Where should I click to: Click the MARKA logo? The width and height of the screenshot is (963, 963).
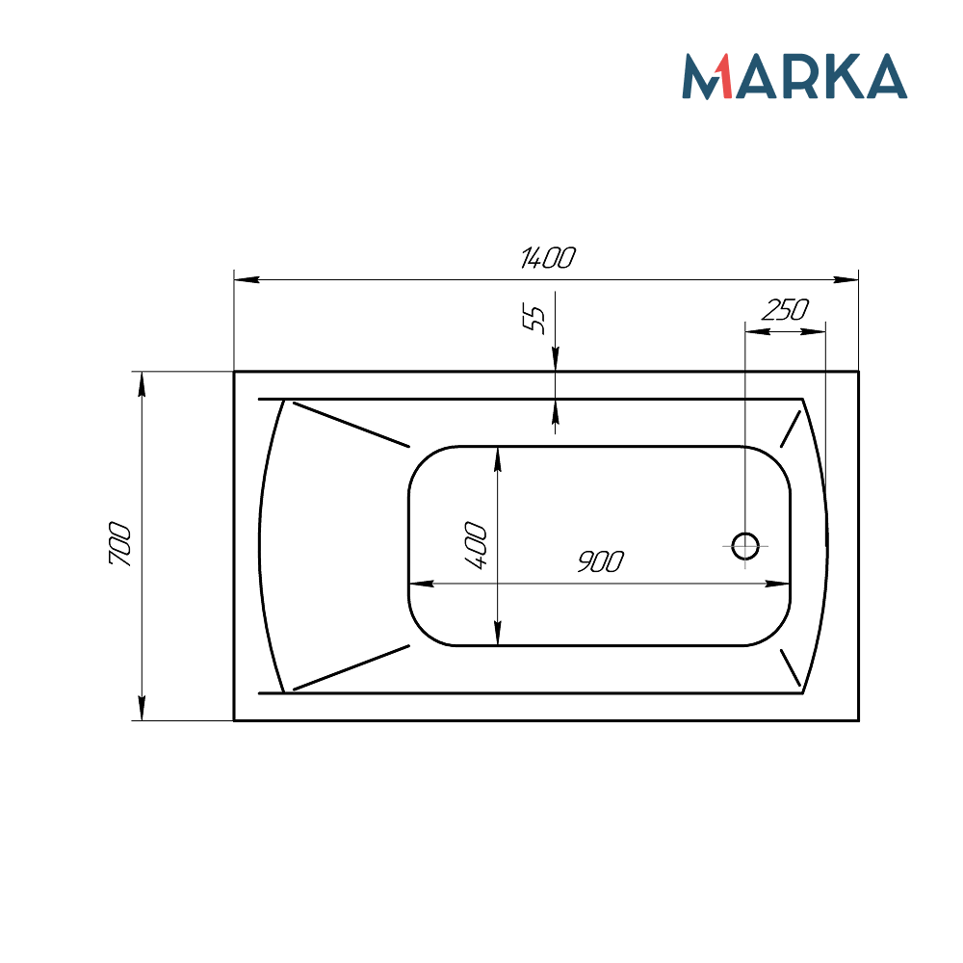coord(794,77)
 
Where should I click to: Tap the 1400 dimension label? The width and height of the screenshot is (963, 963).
coord(547,258)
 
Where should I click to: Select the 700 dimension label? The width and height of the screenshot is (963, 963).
coord(119,545)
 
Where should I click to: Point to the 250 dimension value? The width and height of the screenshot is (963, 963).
coord(785,309)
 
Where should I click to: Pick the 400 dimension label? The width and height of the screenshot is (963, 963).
coord(476,545)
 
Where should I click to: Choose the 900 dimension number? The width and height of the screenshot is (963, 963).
coord(600,561)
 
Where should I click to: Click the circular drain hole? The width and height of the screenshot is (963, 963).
coord(745,546)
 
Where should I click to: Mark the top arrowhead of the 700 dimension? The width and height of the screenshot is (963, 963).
coord(143,383)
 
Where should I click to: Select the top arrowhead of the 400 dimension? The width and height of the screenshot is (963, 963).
coord(497,458)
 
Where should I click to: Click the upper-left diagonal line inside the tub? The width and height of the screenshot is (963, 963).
coord(351,425)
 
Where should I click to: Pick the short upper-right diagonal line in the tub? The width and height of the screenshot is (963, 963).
coord(791,429)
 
